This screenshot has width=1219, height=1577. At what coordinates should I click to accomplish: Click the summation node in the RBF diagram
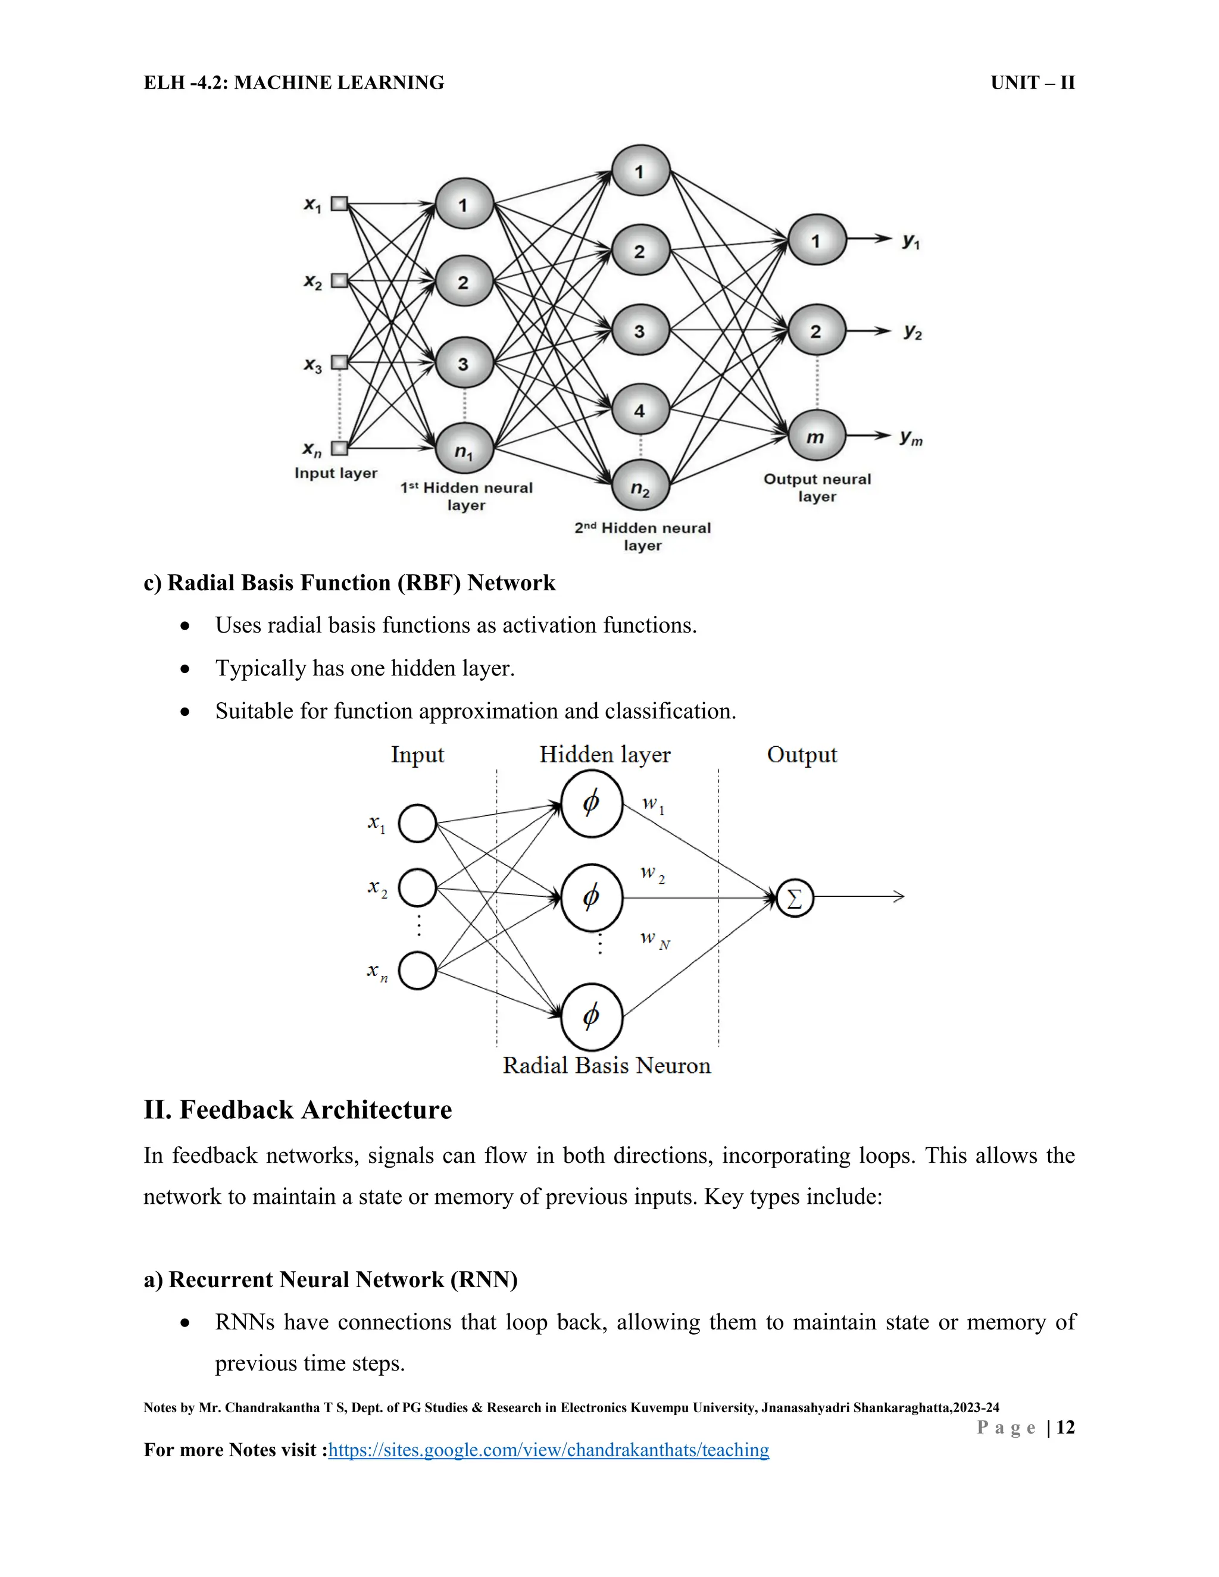tap(795, 898)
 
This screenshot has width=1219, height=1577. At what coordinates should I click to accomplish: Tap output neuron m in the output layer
tap(816, 436)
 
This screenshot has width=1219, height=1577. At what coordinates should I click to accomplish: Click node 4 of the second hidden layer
tap(640, 410)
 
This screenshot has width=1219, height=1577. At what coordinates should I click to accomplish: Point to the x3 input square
tap(339, 362)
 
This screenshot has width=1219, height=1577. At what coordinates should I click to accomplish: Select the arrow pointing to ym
tap(870, 436)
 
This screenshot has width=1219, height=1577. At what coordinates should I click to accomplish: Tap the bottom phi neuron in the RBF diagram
tap(592, 1016)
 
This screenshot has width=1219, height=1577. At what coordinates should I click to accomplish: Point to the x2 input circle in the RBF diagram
tap(417, 887)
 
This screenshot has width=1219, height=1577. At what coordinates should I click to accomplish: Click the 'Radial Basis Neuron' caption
tap(607, 1066)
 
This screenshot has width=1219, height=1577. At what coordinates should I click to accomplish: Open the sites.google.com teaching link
tap(549, 1450)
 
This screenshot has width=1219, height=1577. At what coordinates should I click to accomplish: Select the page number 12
tap(1065, 1427)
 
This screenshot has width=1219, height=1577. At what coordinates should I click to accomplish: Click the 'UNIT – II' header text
tap(1032, 83)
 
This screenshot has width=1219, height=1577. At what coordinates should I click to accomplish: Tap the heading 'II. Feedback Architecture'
tap(298, 1110)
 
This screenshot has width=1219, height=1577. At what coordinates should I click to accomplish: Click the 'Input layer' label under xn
tap(336, 473)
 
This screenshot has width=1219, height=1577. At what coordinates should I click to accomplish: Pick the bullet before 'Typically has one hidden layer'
tap(186, 669)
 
